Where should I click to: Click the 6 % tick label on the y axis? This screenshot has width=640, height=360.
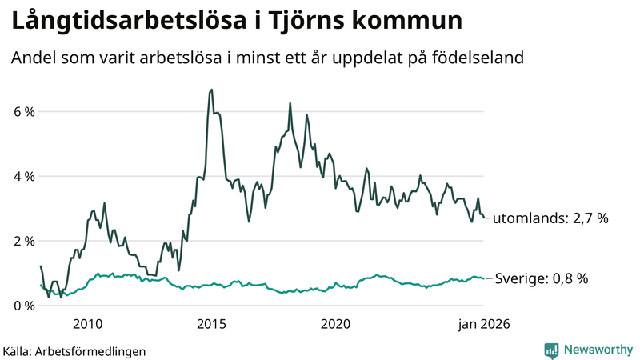tap(23, 112)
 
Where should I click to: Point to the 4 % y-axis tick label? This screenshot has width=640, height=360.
tap(23, 177)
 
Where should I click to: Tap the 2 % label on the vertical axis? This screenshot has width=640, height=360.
tap(23, 242)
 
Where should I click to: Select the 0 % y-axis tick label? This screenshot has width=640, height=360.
tap(23, 306)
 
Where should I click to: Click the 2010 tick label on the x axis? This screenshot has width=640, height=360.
tap(87, 324)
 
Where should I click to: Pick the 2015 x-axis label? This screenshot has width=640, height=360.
tap(211, 324)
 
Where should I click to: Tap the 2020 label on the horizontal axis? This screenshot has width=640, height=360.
tap(335, 324)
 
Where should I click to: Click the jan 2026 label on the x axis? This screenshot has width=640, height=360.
tap(483, 324)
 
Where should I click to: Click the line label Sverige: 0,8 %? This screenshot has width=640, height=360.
tap(541, 279)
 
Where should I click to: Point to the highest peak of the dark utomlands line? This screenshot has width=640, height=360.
tap(211, 90)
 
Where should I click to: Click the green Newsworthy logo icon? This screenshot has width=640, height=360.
tap(551, 350)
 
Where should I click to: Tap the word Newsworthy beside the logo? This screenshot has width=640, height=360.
tap(597, 350)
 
